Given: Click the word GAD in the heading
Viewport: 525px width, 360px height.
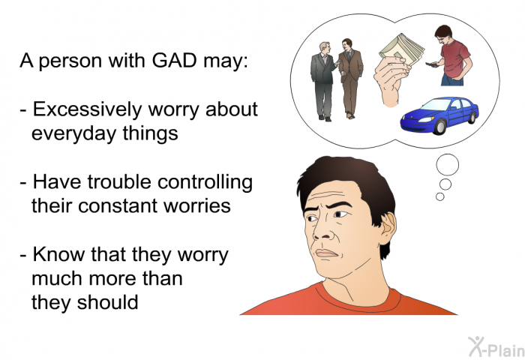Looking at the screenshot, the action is (174, 61).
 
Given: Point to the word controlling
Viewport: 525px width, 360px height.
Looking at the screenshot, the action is (205, 183).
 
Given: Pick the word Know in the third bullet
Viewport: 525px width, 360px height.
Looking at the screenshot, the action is (59, 254).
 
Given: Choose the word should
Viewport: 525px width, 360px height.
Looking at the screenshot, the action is (107, 302).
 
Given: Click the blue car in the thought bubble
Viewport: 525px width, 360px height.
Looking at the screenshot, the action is (439, 115).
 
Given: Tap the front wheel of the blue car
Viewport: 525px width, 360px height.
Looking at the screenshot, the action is (439, 127).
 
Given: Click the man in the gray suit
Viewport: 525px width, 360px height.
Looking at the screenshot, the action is (323, 81).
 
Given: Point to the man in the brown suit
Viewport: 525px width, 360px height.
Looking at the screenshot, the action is (350, 78).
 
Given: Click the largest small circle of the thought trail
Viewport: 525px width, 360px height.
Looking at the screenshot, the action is (447, 164).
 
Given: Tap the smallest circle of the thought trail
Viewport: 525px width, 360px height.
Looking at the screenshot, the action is (440, 196).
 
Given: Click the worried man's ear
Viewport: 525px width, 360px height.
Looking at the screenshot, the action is (388, 229).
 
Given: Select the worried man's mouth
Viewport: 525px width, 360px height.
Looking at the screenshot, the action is (326, 253).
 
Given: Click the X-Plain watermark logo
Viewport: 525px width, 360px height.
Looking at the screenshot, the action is (496, 346).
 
